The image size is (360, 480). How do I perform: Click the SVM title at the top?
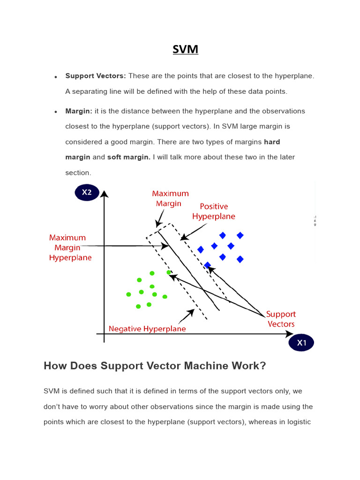(x=185, y=49)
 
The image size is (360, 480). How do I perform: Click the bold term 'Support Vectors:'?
(x=96, y=76)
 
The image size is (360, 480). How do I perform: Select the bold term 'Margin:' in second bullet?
(x=79, y=111)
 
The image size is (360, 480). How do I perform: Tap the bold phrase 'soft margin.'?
(x=129, y=157)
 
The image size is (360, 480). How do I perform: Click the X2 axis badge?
(x=87, y=192)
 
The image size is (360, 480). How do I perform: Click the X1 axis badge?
(x=301, y=343)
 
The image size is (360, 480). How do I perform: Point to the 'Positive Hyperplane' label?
(x=214, y=211)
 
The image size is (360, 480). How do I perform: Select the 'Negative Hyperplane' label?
(x=147, y=329)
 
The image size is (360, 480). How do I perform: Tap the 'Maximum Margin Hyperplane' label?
(x=70, y=247)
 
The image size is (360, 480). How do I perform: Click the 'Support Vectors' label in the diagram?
(x=281, y=319)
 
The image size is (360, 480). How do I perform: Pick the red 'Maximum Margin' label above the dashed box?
(x=170, y=198)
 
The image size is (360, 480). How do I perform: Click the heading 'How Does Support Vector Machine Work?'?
(x=155, y=366)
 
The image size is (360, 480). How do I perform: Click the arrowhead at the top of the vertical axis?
(x=104, y=194)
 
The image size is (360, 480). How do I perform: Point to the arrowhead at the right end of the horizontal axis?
(x=290, y=334)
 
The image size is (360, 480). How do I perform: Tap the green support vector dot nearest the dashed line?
(x=169, y=272)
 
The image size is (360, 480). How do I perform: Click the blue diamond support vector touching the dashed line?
(x=207, y=265)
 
